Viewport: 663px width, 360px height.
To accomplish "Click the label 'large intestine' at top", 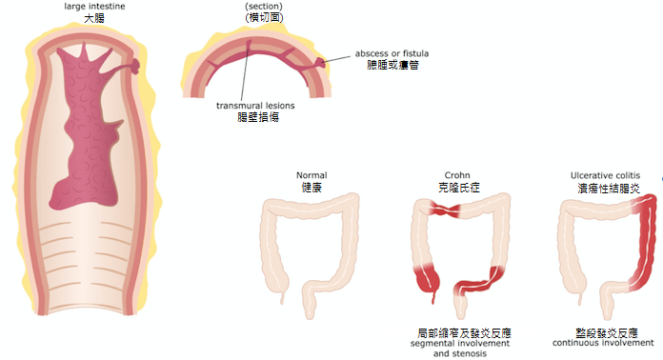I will (94, 7).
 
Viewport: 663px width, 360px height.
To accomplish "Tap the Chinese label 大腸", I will (94, 18).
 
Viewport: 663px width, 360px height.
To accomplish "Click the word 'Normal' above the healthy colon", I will (311, 175).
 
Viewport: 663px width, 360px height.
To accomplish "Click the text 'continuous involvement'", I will (601, 343).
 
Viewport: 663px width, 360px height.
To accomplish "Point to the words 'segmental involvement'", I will (459, 343).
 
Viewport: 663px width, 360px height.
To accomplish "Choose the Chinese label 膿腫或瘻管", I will (392, 65).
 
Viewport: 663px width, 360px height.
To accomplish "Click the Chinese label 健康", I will (311, 188).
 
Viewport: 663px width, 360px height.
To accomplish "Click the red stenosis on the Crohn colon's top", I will (444, 210).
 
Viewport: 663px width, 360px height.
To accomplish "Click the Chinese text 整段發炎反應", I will (601, 332).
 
